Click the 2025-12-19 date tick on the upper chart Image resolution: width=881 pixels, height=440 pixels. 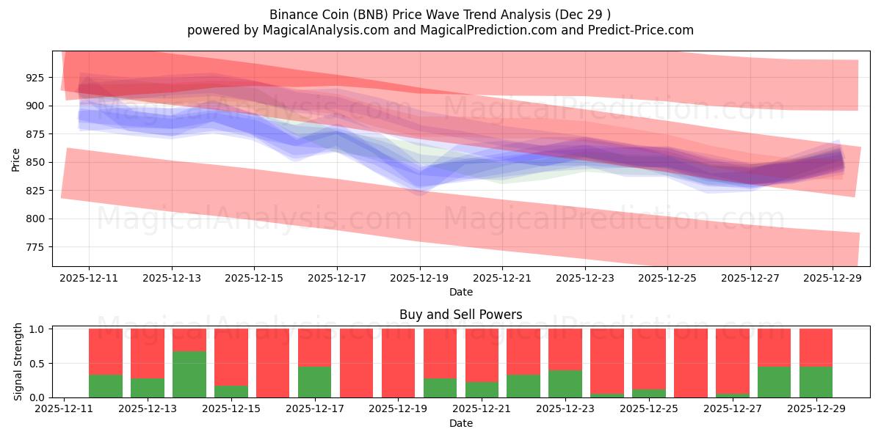pyautogui.click(x=420, y=279)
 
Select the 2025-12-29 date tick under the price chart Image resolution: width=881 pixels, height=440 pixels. pyautogui.click(x=833, y=279)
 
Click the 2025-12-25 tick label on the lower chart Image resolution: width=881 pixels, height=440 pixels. pyautogui.click(x=649, y=409)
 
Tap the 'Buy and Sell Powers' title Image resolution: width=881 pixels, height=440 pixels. pyautogui.click(x=460, y=315)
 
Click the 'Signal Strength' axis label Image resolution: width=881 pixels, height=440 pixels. pyautogui.click(x=19, y=362)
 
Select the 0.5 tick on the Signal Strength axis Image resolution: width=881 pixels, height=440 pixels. pyautogui.click(x=37, y=363)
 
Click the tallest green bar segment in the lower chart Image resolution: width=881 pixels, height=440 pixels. pyautogui.click(x=189, y=374)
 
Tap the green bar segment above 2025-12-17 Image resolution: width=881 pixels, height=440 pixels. pyautogui.click(x=315, y=381)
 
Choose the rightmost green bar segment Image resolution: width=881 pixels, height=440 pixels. pyautogui.click(x=816, y=381)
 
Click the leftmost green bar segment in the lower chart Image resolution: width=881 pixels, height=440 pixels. pyautogui.click(x=106, y=386)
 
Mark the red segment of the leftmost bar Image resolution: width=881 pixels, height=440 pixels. pyautogui.click(x=106, y=351)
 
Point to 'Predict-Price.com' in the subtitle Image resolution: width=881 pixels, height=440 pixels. pyautogui.click(x=645, y=30)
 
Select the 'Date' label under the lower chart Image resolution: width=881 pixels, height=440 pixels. pyautogui.click(x=460, y=423)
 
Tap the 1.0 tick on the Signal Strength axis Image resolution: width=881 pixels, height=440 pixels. pyautogui.click(x=37, y=329)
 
